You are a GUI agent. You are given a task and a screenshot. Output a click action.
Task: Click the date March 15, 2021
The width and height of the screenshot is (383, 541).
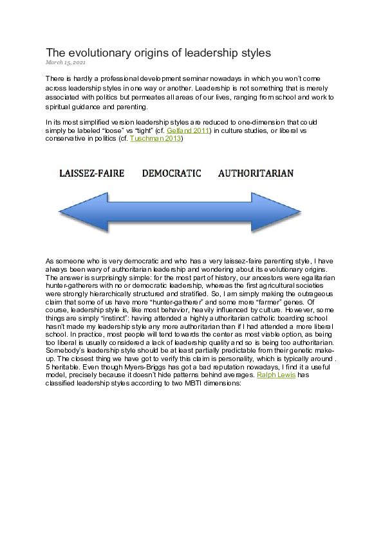(65, 62)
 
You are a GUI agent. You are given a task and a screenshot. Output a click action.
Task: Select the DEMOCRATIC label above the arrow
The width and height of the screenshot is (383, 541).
(171, 173)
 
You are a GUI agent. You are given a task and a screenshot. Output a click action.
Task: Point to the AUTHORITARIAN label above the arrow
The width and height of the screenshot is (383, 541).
(256, 173)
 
